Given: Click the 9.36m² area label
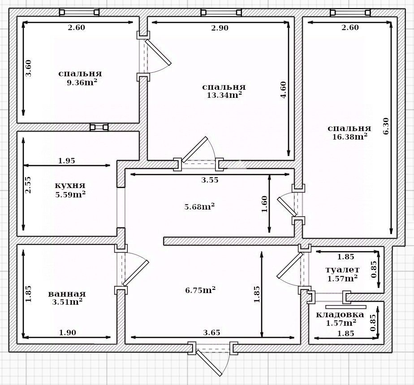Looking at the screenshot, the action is (x=82, y=83).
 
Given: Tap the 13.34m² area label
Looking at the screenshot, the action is (x=224, y=95).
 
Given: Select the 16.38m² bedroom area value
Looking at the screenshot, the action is (x=350, y=136).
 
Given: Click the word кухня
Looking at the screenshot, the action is (x=70, y=185).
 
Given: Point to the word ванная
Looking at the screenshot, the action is (x=67, y=294).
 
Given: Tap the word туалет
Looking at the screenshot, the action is (x=342, y=270).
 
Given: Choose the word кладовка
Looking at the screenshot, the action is (x=340, y=315).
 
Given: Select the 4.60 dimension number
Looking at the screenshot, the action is (x=283, y=90).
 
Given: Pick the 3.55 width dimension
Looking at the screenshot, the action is (x=210, y=180).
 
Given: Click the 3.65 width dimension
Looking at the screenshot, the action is (x=212, y=332).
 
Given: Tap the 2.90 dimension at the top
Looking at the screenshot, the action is (x=220, y=28).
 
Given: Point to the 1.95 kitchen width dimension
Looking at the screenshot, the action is (x=66, y=161).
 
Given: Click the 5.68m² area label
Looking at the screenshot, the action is (x=199, y=206).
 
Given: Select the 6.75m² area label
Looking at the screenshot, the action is (x=200, y=290).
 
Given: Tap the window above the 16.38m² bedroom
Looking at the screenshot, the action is (x=350, y=12).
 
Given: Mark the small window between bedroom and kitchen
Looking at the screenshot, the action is (x=99, y=127).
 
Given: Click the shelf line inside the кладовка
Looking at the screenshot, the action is (x=346, y=307).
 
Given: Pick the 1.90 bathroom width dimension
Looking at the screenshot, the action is (x=67, y=332).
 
